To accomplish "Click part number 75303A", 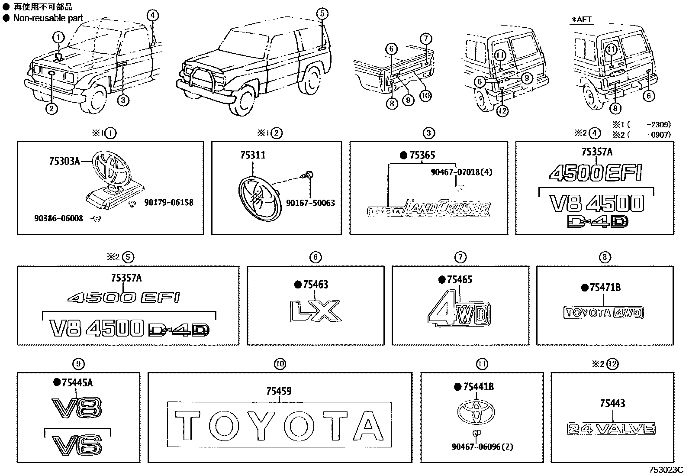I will pos(65,162).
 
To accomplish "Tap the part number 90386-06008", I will pos(58,219).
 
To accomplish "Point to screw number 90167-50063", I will pos(310,203).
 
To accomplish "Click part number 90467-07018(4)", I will pos(461,172).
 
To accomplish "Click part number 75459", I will pos(279,391).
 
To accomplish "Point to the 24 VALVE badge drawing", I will pos(611,429).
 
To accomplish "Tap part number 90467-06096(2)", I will pos(482,447).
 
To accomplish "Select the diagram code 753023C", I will pos(665,470).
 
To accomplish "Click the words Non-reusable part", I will pos(48,18).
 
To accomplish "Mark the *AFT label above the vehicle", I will pos(581,19).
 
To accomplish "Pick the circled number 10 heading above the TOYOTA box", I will pos(280,364).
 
